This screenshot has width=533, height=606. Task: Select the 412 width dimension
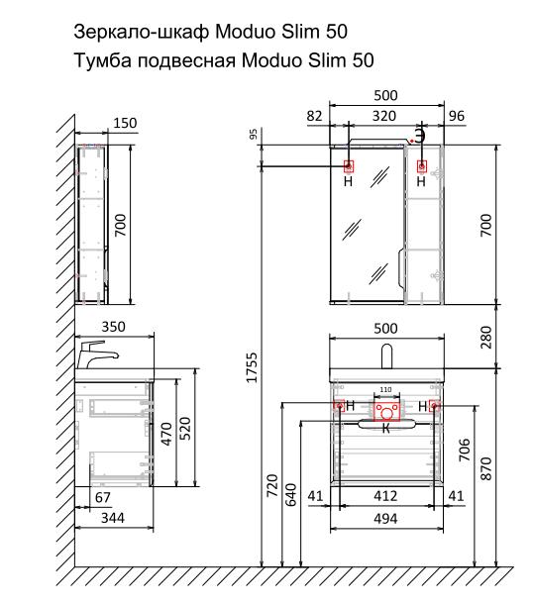[386, 495]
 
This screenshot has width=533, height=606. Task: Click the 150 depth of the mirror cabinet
[125, 123]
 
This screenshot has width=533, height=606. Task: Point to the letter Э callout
[420, 134]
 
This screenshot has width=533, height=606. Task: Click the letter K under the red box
[386, 428]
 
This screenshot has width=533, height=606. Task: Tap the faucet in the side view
[97, 353]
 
